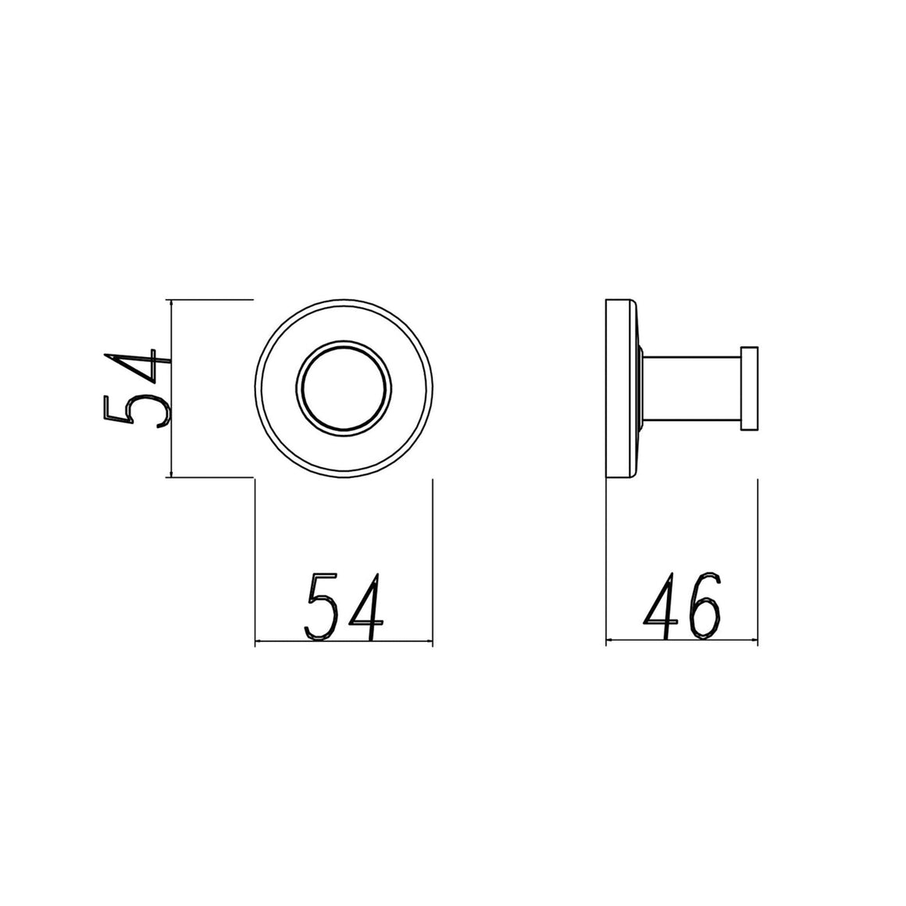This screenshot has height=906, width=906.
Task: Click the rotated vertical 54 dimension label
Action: point(137,388)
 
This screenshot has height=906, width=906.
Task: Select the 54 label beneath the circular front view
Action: point(344,606)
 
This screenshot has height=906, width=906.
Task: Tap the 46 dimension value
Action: point(683,606)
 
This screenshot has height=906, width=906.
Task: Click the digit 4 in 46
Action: point(662,606)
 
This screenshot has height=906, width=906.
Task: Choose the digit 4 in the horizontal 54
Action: point(366,606)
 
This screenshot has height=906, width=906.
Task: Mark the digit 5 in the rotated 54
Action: point(137,412)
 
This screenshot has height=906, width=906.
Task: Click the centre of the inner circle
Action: point(344,388)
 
